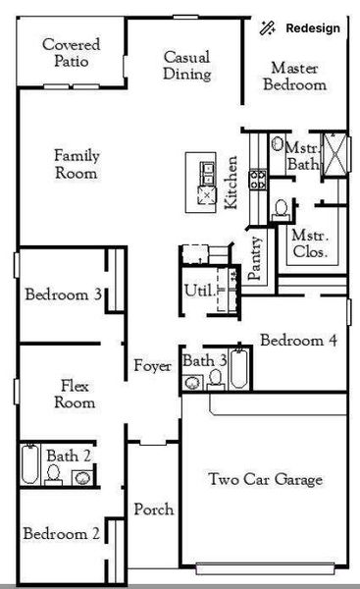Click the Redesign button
[x=302, y=28]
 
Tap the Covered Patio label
[x=66, y=53]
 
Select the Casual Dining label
[x=186, y=65]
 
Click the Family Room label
[x=76, y=164]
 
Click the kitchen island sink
[x=208, y=173]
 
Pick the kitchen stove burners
[x=259, y=179]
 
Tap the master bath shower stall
[x=335, y=155]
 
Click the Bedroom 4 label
[x=298, y=341]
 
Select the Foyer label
[x=153, y=367]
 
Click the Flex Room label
[x=76, y=394]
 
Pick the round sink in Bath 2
[x=82, y=477]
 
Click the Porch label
[x=154, y=509]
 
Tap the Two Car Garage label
[x=265, y=480]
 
